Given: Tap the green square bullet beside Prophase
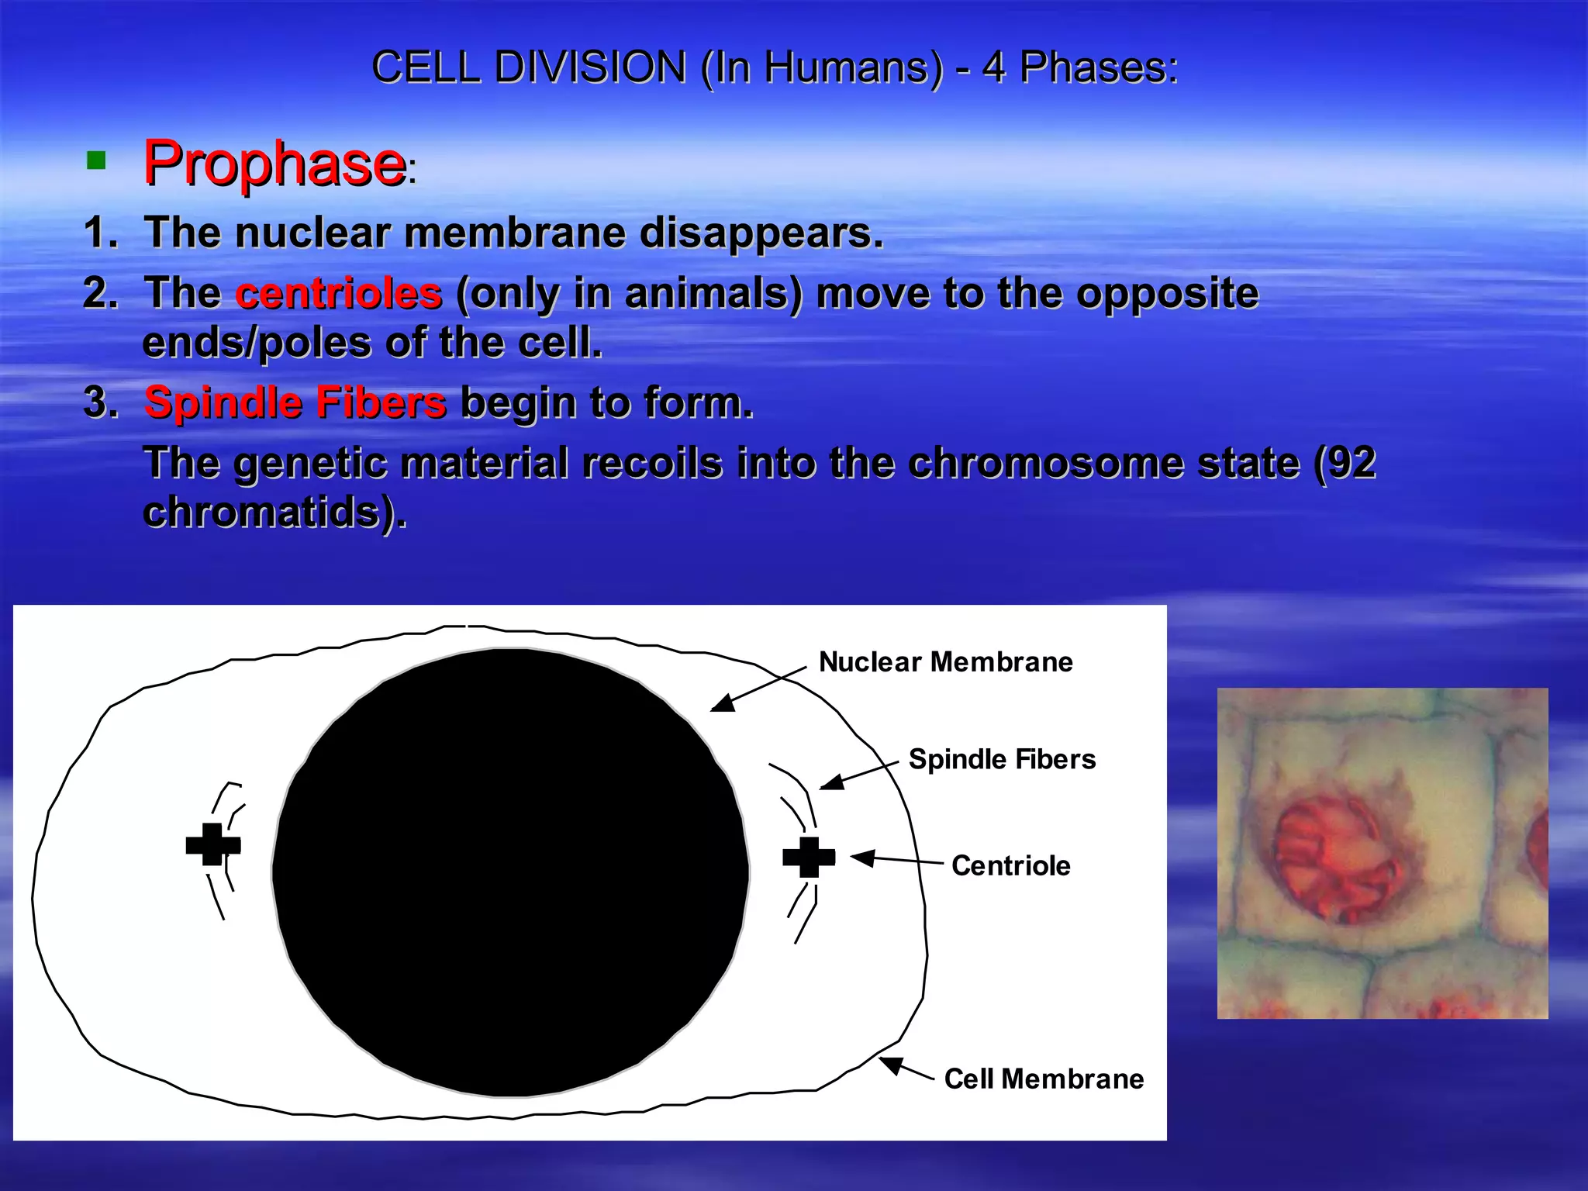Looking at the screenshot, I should (x=96, y=161).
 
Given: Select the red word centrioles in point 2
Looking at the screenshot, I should (x=338, y=294).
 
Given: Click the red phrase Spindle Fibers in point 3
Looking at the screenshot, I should (x=295, y=402).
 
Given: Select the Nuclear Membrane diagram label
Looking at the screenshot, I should (x=945, y=661).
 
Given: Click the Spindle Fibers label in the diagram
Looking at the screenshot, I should (x=1002, y=759).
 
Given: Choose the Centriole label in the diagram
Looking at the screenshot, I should (x=1010, y=865).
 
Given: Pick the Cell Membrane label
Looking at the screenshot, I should (x=1043, y=1079).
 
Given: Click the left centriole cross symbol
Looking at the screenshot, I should (x=212, y=844).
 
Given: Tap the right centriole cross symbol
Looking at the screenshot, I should (x=809, y=857).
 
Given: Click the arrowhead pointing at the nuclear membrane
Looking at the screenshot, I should (x=721, y=704).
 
